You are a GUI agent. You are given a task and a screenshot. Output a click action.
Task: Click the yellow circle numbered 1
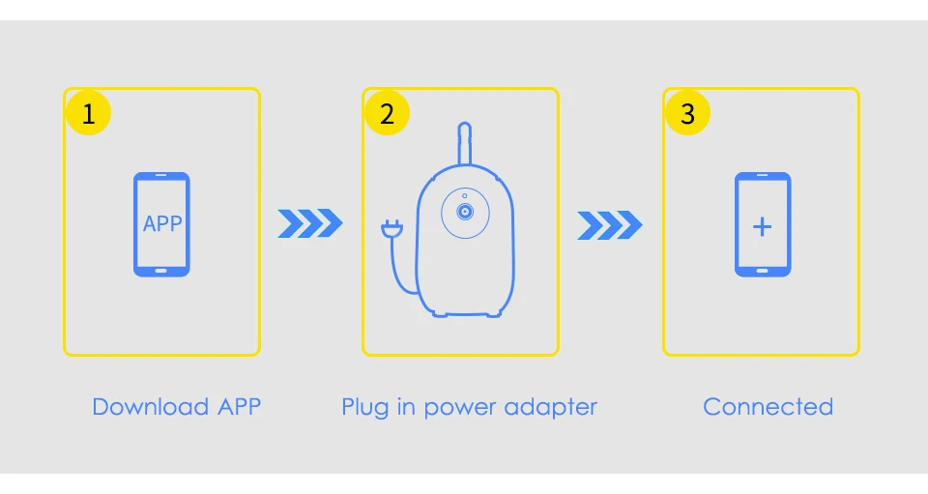coord(88,113)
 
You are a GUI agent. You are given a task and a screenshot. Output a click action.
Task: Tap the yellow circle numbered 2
coord(387,113)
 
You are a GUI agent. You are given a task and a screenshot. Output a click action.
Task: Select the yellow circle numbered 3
coord(687,113)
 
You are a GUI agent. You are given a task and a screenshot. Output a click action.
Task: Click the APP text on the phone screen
coord(162,223)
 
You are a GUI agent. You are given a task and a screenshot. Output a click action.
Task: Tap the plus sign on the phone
coord(763,226)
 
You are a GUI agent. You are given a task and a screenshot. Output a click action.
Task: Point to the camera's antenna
coord(465,143)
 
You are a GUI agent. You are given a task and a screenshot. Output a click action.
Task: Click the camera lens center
coord(465,212)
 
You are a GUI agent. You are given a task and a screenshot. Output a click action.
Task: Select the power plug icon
coord(391,229)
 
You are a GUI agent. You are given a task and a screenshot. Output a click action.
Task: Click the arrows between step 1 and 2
coord(310,223)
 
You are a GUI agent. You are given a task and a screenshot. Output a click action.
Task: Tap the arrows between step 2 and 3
coord(610,225)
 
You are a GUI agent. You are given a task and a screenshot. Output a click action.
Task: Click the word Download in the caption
coord(151,407)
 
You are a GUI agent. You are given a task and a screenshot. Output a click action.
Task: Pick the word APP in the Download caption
coord(239,407)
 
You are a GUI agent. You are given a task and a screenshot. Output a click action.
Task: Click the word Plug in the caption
coord(364,408)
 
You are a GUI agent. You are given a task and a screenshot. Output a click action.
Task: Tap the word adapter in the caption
coord(550,408)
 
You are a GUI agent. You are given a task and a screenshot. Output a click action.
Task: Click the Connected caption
coord(768,407)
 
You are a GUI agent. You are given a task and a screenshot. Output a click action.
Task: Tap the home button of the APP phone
coord(161,271)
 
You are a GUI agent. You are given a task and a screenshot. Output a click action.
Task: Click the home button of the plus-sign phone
coord(763,271)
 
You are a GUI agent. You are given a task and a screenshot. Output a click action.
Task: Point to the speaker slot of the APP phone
coord(161,175)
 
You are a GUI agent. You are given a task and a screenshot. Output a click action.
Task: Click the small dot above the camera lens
coord(465,196)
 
